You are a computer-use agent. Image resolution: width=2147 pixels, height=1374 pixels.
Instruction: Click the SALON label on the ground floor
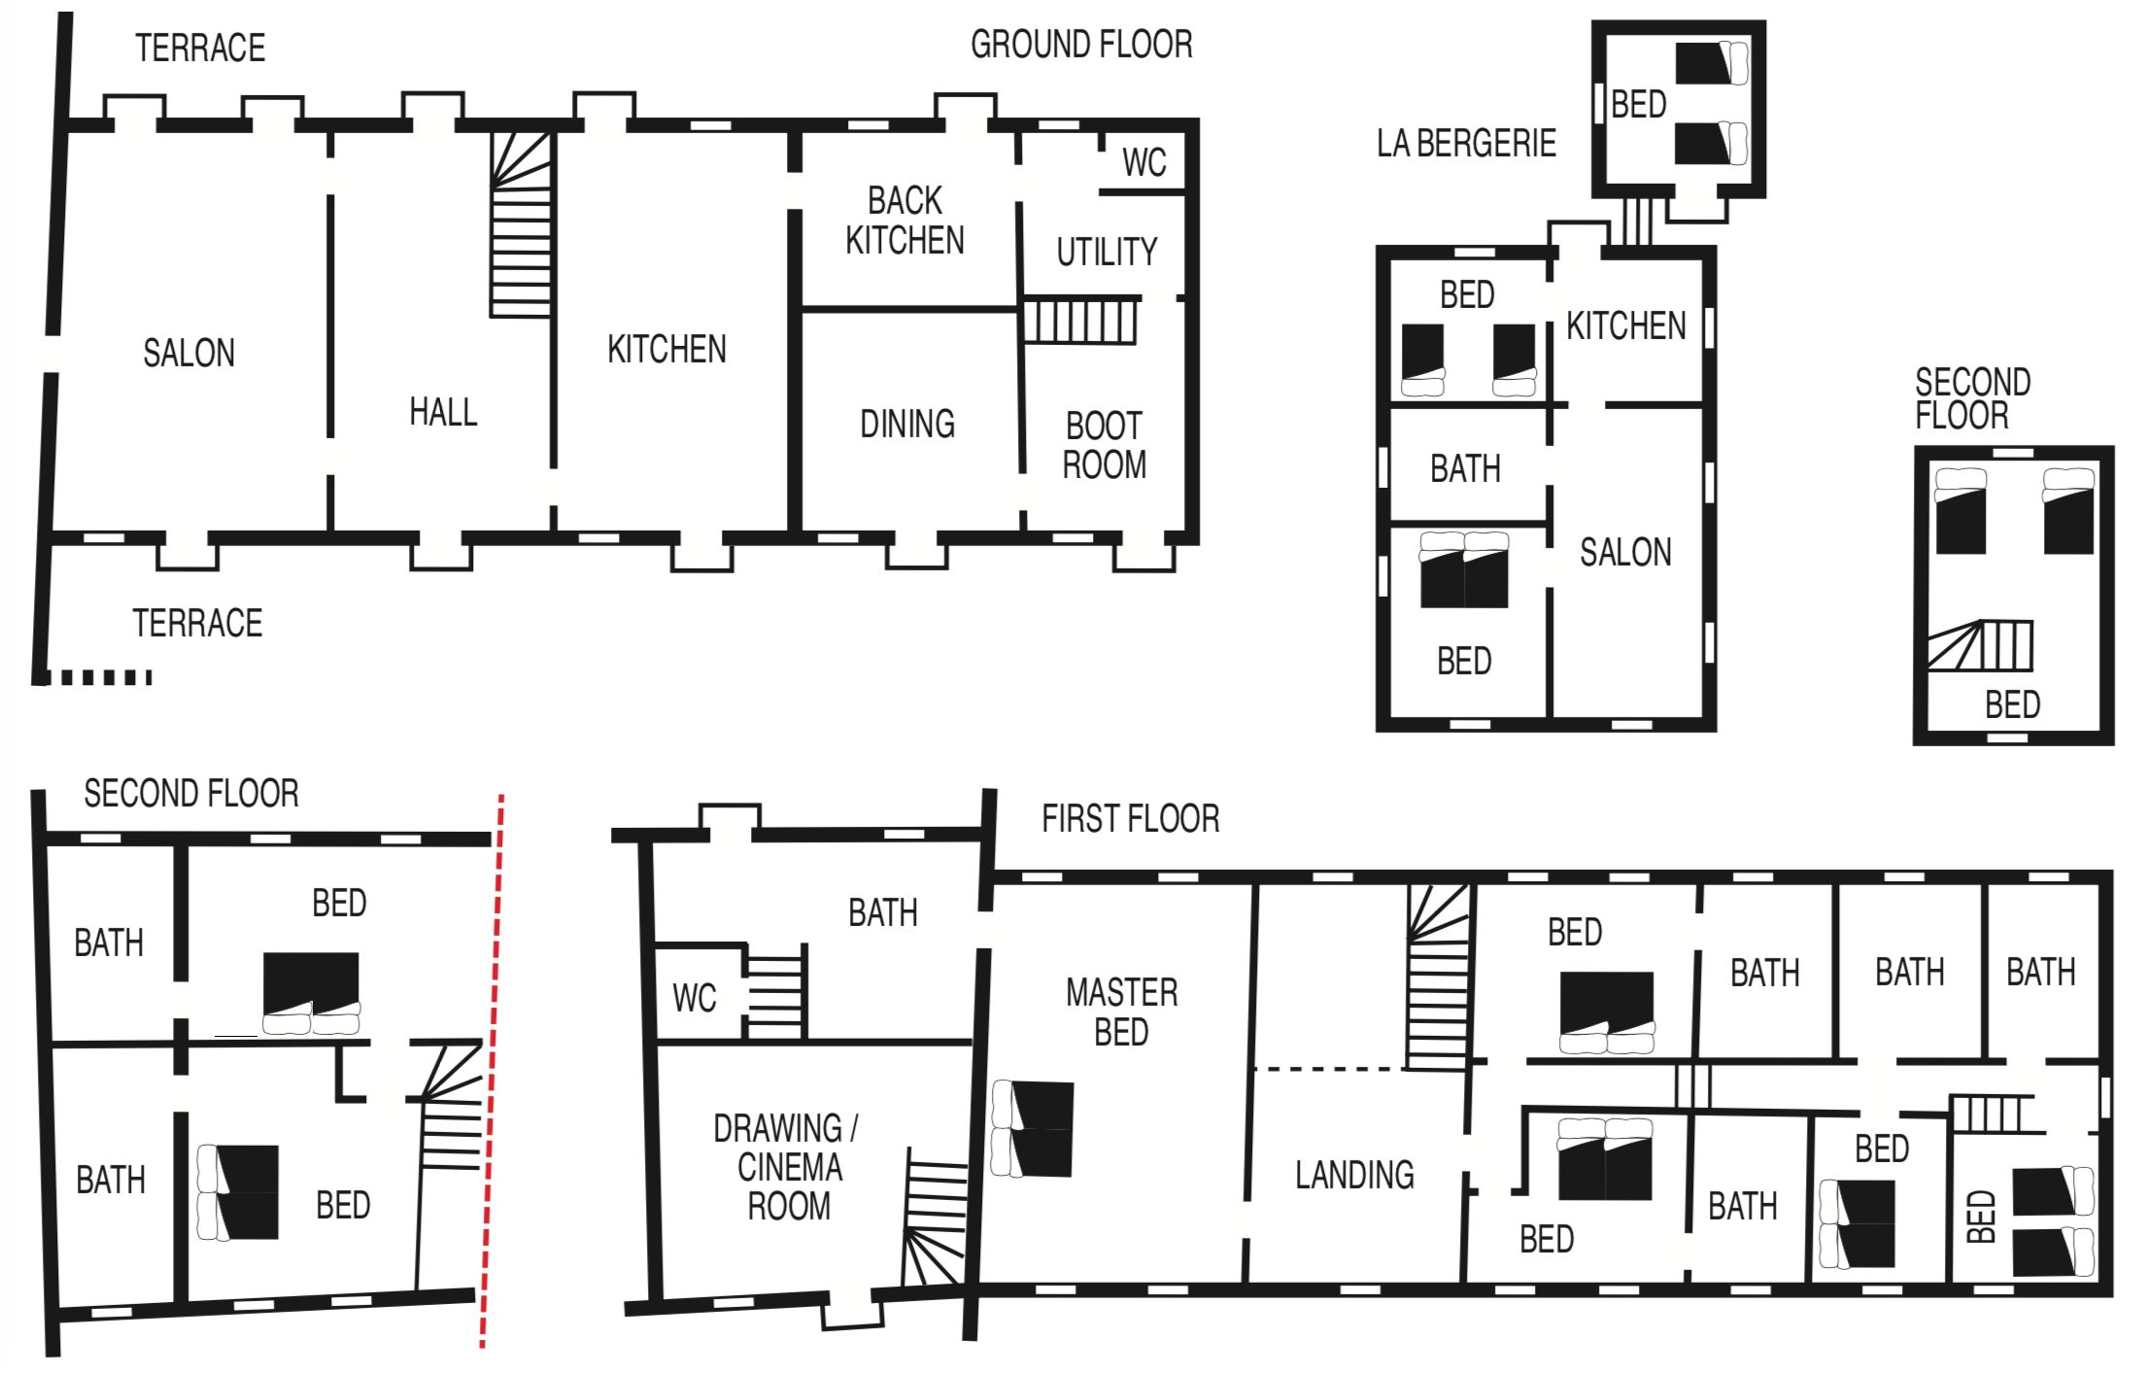pyautogui.click(x=189, y=353)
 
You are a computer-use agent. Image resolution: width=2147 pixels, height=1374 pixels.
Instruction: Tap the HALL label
pyautogui.click(x=443, y=412)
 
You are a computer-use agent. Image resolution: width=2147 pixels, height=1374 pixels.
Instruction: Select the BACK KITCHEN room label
pyautogui.click(x=904, y=221)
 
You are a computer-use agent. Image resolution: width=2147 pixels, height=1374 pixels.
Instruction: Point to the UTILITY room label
pyautogui.click(x=1108, y=252)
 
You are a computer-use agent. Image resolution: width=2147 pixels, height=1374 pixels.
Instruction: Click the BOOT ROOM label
pyautogui.click(x=1105, y=445)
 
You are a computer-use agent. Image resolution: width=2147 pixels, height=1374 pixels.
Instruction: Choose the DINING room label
pyautogui.click(x=907, y=424)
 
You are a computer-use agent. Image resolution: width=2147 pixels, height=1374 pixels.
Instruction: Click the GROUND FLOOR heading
pyautogui.click(x=1081, y=45)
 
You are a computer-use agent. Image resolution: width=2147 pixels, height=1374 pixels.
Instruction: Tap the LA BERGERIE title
pyautogui.click(x=1466, y=143)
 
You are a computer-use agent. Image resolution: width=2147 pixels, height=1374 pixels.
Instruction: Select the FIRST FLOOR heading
pyautogui.click(x=1131, y=818)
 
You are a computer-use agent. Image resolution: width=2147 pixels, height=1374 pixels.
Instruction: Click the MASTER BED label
pyautogui.click(x=1122, y=1012)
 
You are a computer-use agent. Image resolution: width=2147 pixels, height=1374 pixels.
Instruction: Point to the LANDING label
pyautogui.click(x=1354, y=1175)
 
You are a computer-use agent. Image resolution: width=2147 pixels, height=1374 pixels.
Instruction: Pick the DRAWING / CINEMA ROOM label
pyautogui.click(x=786, y=1166)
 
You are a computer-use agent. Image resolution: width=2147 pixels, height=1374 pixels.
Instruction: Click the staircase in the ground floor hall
pyautogui.click(x=522, y=224)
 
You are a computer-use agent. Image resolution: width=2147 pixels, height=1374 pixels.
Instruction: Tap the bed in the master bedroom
pyautogui.click(x=1032, y=1128)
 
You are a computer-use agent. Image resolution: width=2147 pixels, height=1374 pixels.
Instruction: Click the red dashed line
pyautogui.click(x=493, y=1071)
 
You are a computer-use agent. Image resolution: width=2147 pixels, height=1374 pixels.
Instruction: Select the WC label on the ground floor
pyautogui.click(x=1144, y=162)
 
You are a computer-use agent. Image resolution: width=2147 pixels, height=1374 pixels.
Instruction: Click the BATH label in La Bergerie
pyautogui.click(x=1465, y=469)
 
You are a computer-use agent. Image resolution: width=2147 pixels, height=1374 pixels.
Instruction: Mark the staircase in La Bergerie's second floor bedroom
pyautogui.click(x=1979, y=646)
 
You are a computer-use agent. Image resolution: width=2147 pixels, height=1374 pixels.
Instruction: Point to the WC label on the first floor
pyautogui.click(x=695, y=998)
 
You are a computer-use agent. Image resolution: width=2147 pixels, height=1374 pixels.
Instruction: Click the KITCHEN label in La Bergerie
pyautogui.click(x=1626, y=326)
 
